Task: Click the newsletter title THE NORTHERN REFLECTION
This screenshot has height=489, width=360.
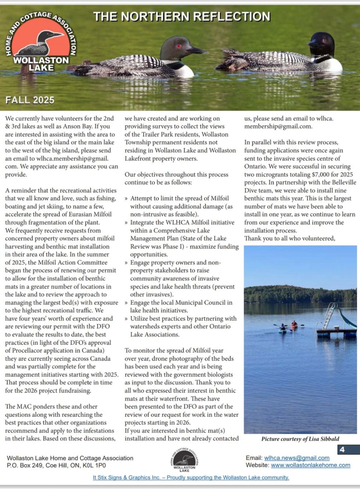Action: [x=181, y=17]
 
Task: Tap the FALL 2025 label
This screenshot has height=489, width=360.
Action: [x=30, y=100]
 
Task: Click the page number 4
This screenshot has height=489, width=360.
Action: [x=342, y=449]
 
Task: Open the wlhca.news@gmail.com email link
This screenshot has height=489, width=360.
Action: [x=296, y=458]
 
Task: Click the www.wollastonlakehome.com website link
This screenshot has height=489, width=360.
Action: [x=310, y=465]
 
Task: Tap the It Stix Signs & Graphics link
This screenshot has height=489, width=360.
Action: [x=191, y=478]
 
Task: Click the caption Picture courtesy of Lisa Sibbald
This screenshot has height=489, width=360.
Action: [x=300, y=439]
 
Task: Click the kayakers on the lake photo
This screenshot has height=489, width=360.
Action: [x=288, y=326]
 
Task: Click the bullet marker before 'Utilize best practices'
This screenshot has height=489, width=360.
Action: [x=126, y=319]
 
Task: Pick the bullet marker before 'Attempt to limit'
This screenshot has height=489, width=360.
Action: [x=126, y=199]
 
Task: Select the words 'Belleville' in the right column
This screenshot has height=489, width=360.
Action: [x=341, y=182]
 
